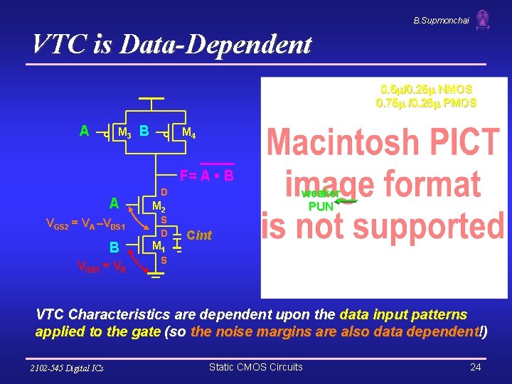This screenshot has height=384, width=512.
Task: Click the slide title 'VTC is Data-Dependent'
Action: click(171, 45)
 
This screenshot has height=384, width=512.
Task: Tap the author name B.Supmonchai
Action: click(441, 21)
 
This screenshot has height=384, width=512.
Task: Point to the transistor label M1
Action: click(159, 247)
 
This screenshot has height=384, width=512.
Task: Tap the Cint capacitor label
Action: click(199, 235)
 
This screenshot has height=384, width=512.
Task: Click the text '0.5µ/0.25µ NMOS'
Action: click(426, 90)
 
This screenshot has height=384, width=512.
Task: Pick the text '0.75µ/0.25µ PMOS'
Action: click(426, 103)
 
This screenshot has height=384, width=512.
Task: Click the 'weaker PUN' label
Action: click(321, 200)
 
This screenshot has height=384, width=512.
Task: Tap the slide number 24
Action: click(476, 367)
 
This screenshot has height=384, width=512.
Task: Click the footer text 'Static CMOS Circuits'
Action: click(255, 367)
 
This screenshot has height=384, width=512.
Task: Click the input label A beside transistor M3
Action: click(85, 131)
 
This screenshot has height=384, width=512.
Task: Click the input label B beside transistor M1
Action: click(114, 249)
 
